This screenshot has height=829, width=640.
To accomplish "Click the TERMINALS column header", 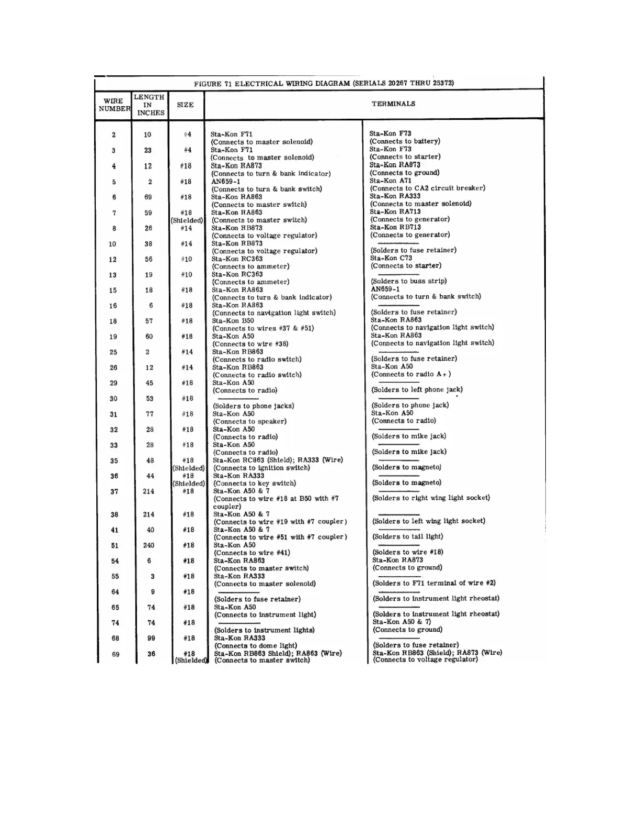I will point(393,104).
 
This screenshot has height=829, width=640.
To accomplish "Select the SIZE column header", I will point(185,105).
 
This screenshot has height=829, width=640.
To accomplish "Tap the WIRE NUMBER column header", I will point(113,105).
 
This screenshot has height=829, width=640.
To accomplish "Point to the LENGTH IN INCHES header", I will point(150,105).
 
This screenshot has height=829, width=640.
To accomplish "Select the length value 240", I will point(149,545).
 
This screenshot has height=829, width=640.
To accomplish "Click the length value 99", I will point(151,638).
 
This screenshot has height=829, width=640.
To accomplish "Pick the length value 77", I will point(150,414).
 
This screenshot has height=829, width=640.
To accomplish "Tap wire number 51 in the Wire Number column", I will point(115,545).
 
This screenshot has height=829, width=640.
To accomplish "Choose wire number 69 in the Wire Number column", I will point(116,654).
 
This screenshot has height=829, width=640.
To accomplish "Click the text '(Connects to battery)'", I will point(405,141).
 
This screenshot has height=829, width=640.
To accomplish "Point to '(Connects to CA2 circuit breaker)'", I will point(427,188).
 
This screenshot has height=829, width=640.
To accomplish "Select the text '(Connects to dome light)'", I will point(256,646).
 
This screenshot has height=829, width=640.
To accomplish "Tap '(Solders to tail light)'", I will point(407,536).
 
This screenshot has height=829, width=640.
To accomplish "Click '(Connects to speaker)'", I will point(249,421).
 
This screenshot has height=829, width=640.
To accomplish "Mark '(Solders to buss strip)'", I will point(409,281).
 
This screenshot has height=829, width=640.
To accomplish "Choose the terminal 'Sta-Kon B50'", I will point(233,321).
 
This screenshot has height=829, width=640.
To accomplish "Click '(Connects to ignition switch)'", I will point(261,468).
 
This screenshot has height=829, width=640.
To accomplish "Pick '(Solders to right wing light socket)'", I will point(431,498).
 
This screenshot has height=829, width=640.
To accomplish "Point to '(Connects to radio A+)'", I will point(411,374).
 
